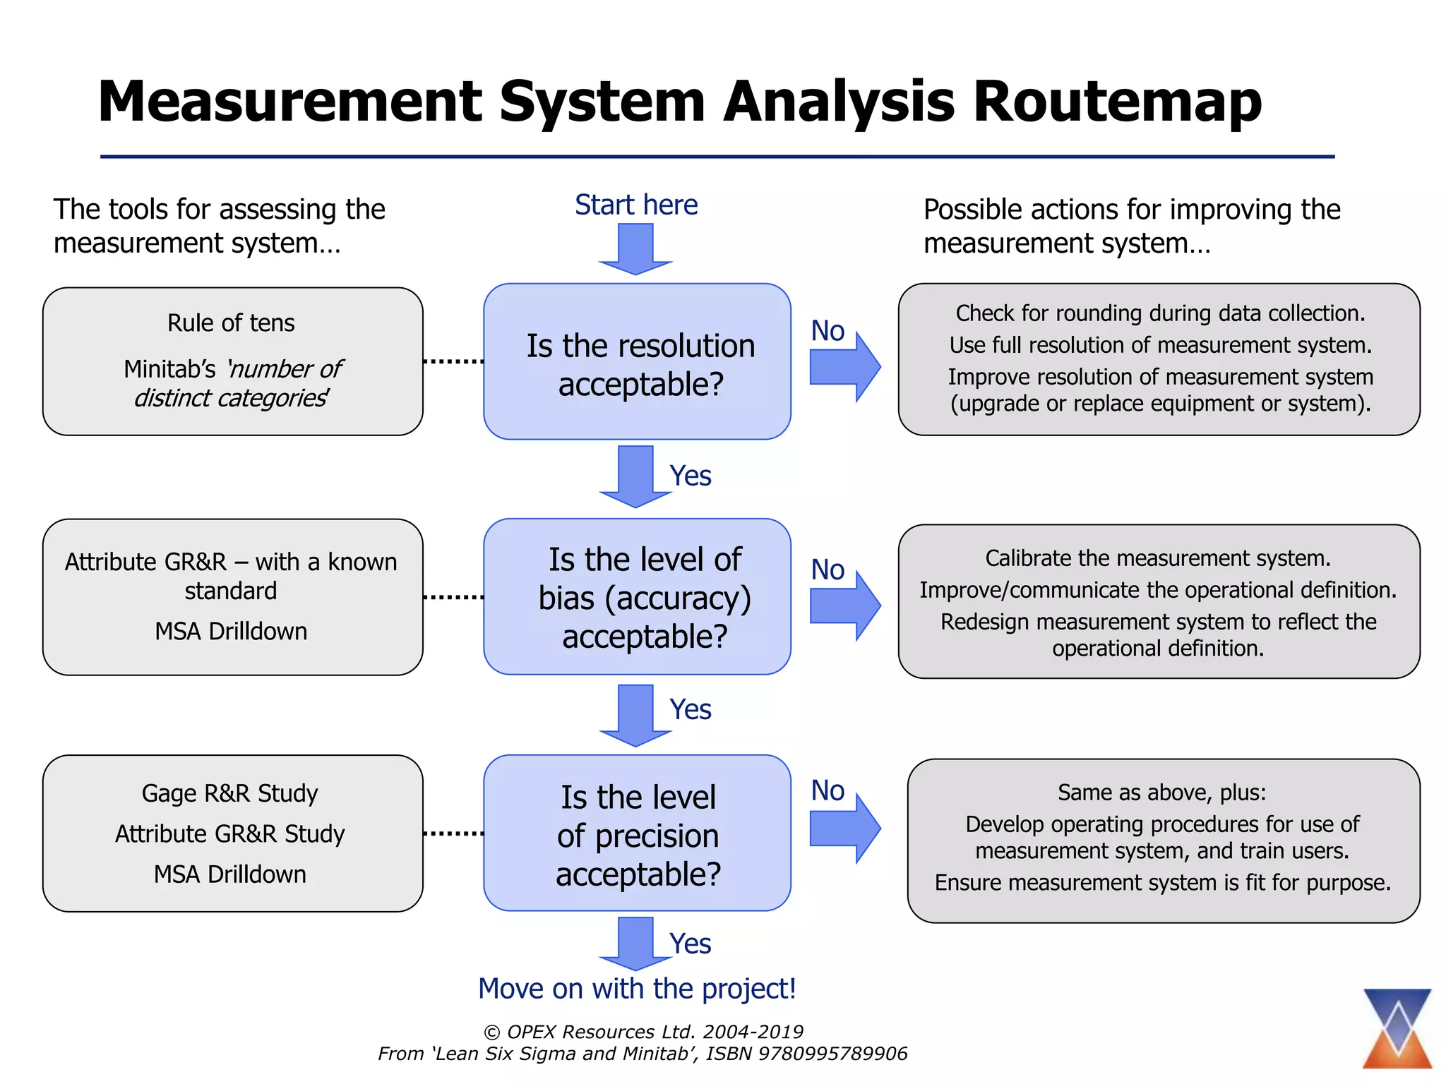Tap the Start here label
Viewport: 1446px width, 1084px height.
(x=635, y=205)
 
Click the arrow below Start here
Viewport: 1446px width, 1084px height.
(x=635, y=249)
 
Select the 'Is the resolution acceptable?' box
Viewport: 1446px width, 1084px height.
(x=637, y=362)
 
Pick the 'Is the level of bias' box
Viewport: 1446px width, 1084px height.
(x=637, y=597)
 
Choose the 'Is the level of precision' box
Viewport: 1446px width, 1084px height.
(x=637, y=833)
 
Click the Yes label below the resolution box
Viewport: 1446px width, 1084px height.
(x=690, y=476)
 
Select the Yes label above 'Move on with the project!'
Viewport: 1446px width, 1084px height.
(x=690, y=944)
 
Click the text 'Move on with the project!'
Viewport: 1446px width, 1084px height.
(x=637, y=989)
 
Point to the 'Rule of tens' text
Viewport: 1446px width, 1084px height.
(x=231, y=323)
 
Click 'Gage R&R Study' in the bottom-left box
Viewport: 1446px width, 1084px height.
(x=230, y=794)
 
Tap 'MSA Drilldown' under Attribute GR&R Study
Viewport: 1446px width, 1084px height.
(x=230, y=875)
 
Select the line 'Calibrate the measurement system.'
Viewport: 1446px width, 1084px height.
(x=1158, y=559)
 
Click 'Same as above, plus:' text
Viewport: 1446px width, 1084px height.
(x=1161, y=793)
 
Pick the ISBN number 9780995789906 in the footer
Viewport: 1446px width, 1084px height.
(x=832, y=1054)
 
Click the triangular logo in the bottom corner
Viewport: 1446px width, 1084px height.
(x=1397, y=1028)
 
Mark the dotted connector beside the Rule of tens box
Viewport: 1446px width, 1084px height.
(x=453, y=362)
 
